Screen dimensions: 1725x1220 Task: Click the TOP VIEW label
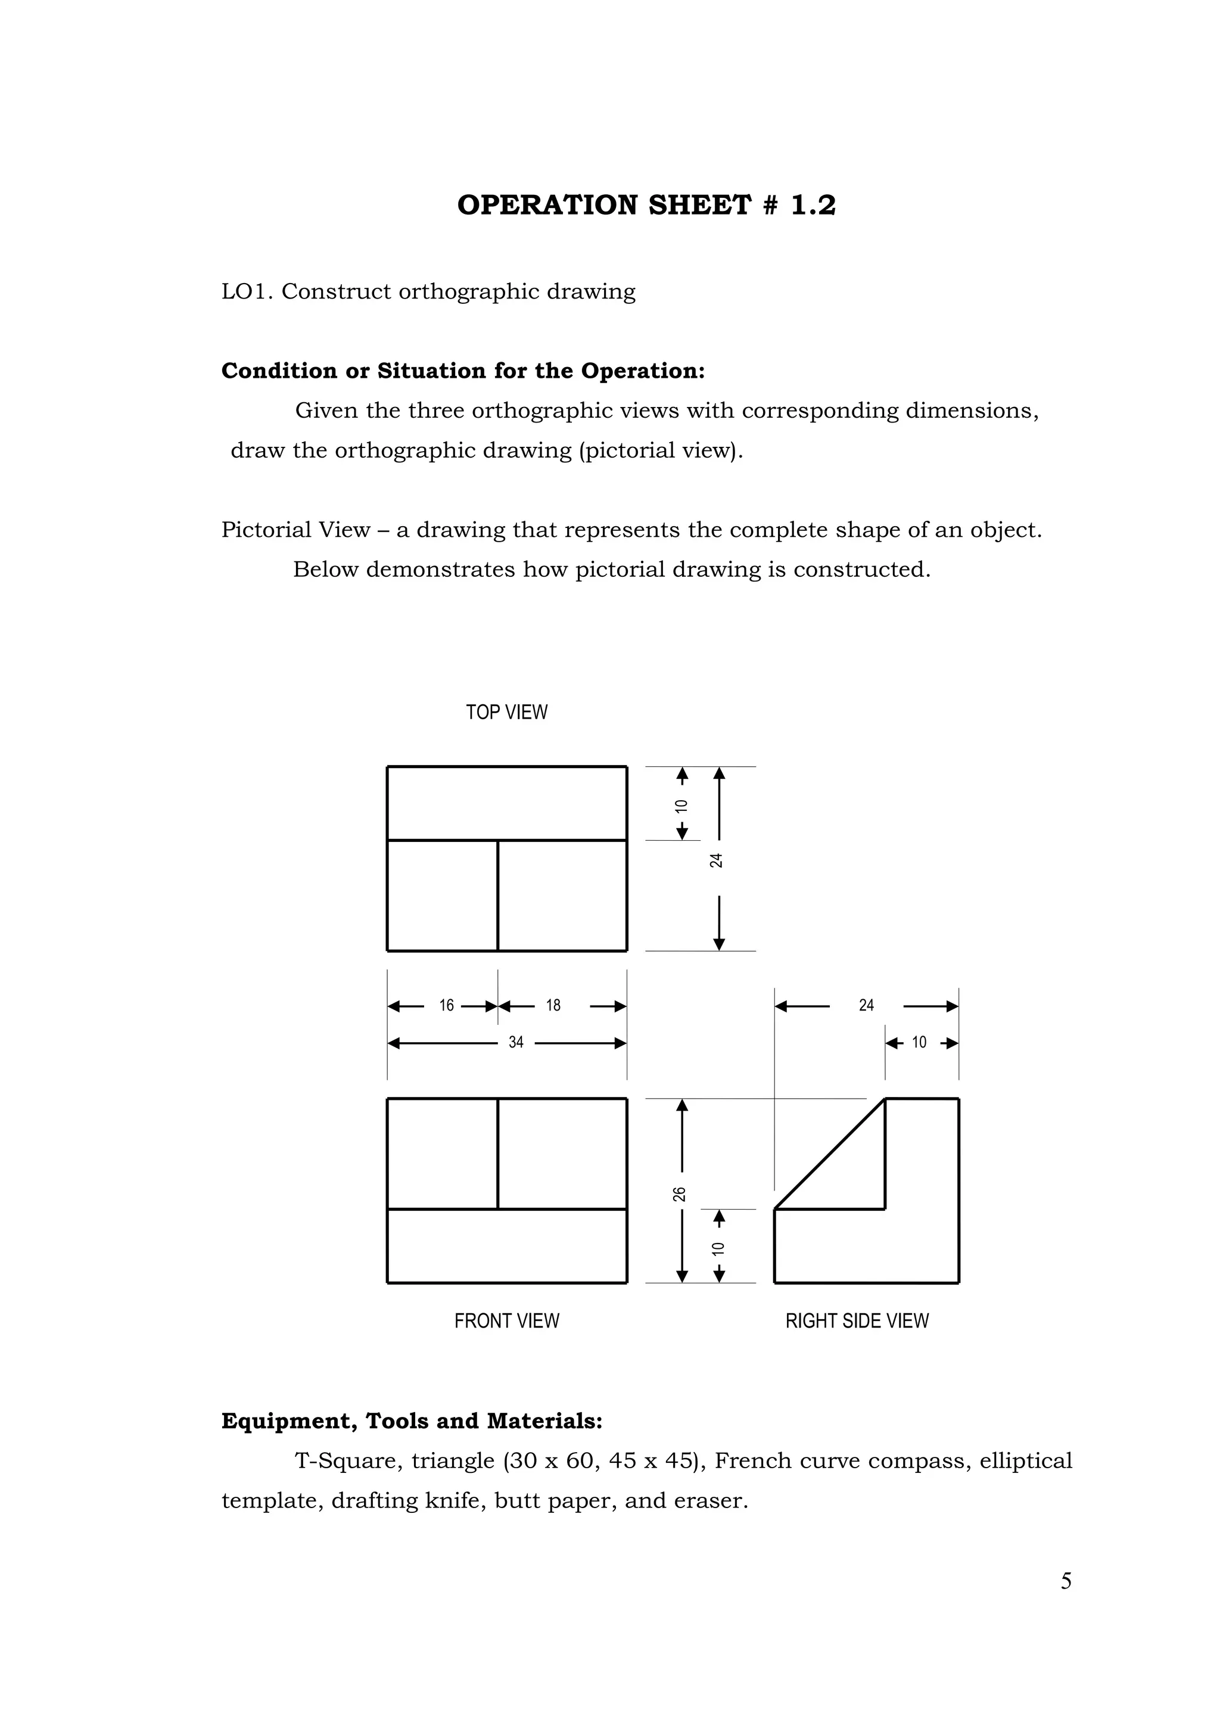coord(506,712)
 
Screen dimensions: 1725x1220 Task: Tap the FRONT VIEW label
coord(506,1321)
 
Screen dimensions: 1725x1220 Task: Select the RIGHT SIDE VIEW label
coord(857,1321)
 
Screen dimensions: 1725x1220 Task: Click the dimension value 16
coord(446,1005)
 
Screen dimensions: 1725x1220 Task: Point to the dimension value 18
coord(553,1005)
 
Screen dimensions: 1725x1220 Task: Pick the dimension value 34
coord(515,1042)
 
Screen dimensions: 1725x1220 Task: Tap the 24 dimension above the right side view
coord(866,1005)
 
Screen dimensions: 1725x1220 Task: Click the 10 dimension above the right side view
coord(919,1042)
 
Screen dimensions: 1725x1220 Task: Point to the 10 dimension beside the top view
coord(681,806)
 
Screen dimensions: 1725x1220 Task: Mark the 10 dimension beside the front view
coord(718,1250)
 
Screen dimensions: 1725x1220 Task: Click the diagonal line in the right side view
coord(829,1155)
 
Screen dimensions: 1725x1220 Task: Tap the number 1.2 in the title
coord(813,205)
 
